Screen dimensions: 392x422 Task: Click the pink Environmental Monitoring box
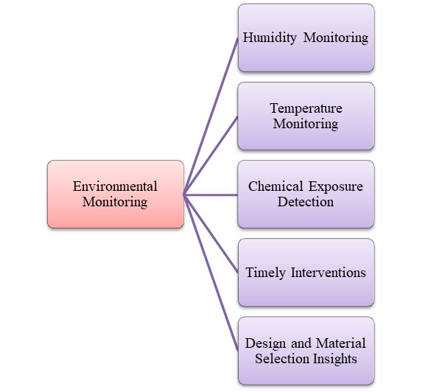pyautogui.click(x=115, y=194)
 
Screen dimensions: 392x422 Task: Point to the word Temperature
pyautogui.click(x=306, y=108)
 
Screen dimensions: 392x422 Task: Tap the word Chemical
pyautogui.click(x=275, y=186)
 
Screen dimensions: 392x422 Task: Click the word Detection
pyautogui.click(x=306, y=201)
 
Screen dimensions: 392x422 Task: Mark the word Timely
pyautogui.click(x=264, y=273)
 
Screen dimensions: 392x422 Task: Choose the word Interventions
pyautogui.click(x=326, y=273)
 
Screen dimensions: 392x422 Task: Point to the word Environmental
pyautogui.click(x=115, y=186)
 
